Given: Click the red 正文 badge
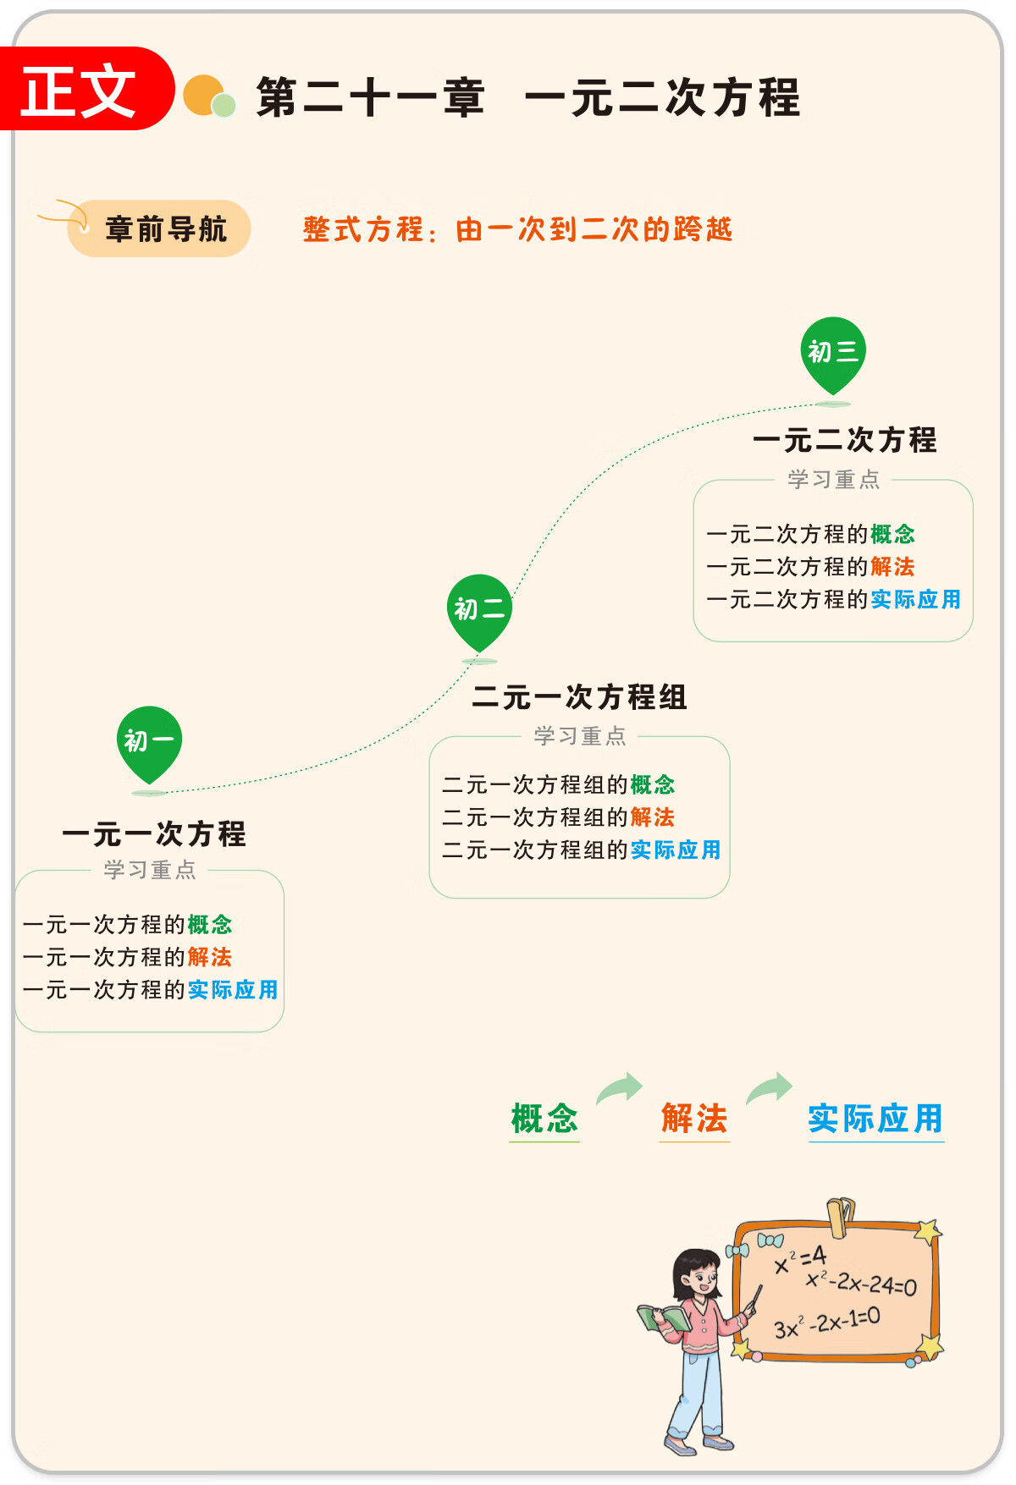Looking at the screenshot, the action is [x=85, y=89].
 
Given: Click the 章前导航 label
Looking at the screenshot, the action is [x=166, y=228].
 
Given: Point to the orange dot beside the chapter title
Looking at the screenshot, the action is [x=202, y=95].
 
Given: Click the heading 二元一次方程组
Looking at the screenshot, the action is [x=580, y=697].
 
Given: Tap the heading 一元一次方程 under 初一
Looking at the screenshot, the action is [x=154, y=834].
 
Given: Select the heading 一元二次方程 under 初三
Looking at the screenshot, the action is [x=845, y=440].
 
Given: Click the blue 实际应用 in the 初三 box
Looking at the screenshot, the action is [x=915, y=599].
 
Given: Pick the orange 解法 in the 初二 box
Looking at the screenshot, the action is [x=652, y=817].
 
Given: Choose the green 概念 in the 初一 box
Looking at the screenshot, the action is [x=210, y=924].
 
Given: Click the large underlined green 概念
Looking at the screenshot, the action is [x=544, y=1119].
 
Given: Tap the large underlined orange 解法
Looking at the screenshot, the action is [x=694, y=1119].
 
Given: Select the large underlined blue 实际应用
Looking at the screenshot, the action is [x=875, y=1119].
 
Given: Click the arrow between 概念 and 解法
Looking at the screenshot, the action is [x=620, y=1088].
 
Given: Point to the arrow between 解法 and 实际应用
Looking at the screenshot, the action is [x=769, y=1088].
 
